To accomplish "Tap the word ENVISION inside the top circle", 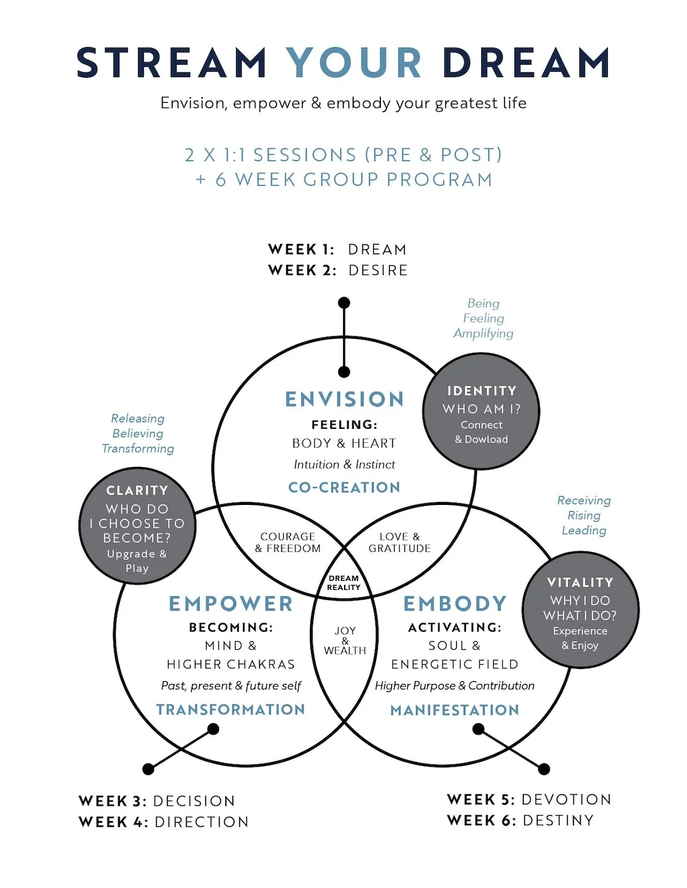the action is [344, 399].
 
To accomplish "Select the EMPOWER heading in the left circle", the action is [231, 604].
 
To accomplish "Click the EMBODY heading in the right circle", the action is [455, 604].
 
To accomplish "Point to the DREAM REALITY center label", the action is [343, 583].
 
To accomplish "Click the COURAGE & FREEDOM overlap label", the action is [288, 542].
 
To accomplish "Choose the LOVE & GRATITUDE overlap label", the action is [400, 542].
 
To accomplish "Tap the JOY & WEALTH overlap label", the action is [345, 640].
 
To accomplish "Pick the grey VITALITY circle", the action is [580, 610].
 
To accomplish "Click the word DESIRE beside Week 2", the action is [378, 270].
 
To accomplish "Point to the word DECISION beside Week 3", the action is [194, 801].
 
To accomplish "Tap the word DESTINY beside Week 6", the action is [558, 820].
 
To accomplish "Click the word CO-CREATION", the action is [344, 487].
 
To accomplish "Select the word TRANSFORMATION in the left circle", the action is [231, 709].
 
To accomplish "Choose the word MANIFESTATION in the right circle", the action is [455, 710].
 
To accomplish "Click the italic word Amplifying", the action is [484, 334].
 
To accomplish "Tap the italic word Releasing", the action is [138, 419].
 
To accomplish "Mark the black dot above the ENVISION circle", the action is [344, 303].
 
